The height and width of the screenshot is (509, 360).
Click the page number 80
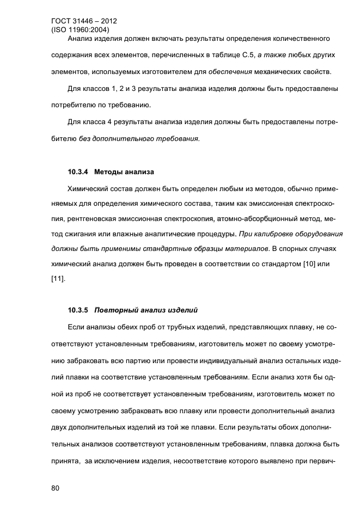(x=54, y=488)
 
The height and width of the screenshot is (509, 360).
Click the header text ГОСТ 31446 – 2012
(x=83, y=22)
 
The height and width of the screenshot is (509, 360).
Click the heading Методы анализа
(x=124, y=173)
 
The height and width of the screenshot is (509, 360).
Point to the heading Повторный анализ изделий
(x=146, y=311)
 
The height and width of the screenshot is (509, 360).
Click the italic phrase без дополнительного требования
(x=139, y=138)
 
